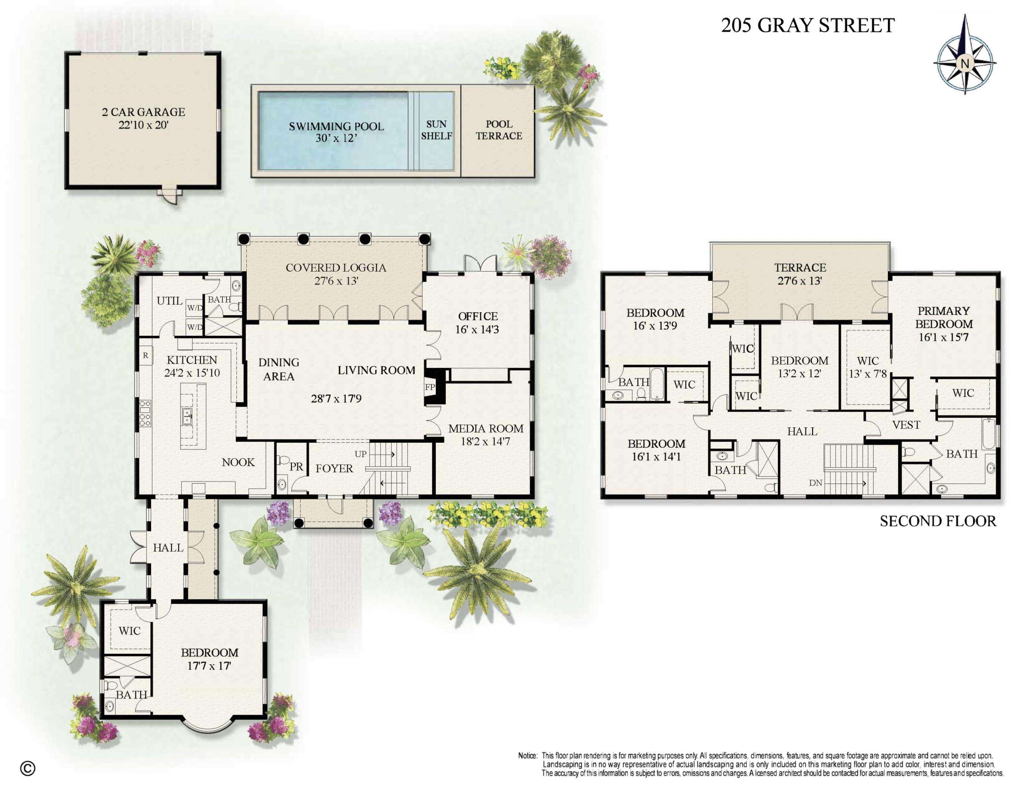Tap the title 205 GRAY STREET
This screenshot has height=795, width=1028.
click(807, 25)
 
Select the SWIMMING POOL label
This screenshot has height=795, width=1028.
click(336, 126)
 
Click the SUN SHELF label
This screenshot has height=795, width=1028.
click(436, 130)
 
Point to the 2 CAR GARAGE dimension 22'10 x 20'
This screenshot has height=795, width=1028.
click(143, 125)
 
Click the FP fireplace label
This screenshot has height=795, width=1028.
click(429, 387)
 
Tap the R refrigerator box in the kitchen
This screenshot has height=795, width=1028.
click(145, 356)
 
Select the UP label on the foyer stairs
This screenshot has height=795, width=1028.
click(360, 454)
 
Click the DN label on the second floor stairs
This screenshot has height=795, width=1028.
click(816, 483)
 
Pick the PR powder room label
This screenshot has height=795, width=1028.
click(296, 467)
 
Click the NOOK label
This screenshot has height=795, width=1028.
click(238, 463)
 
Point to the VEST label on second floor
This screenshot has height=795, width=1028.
click(906, 425)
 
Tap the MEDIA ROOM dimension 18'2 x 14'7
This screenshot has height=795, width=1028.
click(485, 442)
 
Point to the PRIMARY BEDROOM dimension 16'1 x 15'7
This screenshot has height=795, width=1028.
click(943, 337)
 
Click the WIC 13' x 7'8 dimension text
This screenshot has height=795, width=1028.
click(868, 374)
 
